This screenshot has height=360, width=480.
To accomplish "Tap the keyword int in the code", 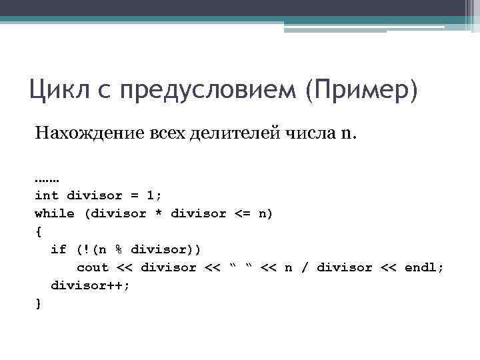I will (47, 196).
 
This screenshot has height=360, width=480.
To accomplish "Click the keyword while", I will (55, 214).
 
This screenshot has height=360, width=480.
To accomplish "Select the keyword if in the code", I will (59, 249).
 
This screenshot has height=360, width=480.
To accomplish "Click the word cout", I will (93, 267).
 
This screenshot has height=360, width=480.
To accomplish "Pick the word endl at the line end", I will (420, 267).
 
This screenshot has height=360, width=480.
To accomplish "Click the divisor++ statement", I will (91, 285).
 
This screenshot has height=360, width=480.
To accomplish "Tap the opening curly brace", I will (38, 232).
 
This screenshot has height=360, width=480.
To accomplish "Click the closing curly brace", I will (38, 303).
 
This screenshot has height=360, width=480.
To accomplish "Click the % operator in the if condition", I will (118, 249).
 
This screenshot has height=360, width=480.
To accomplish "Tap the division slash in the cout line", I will (304, 267).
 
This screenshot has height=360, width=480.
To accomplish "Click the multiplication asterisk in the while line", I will (159, 214).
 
